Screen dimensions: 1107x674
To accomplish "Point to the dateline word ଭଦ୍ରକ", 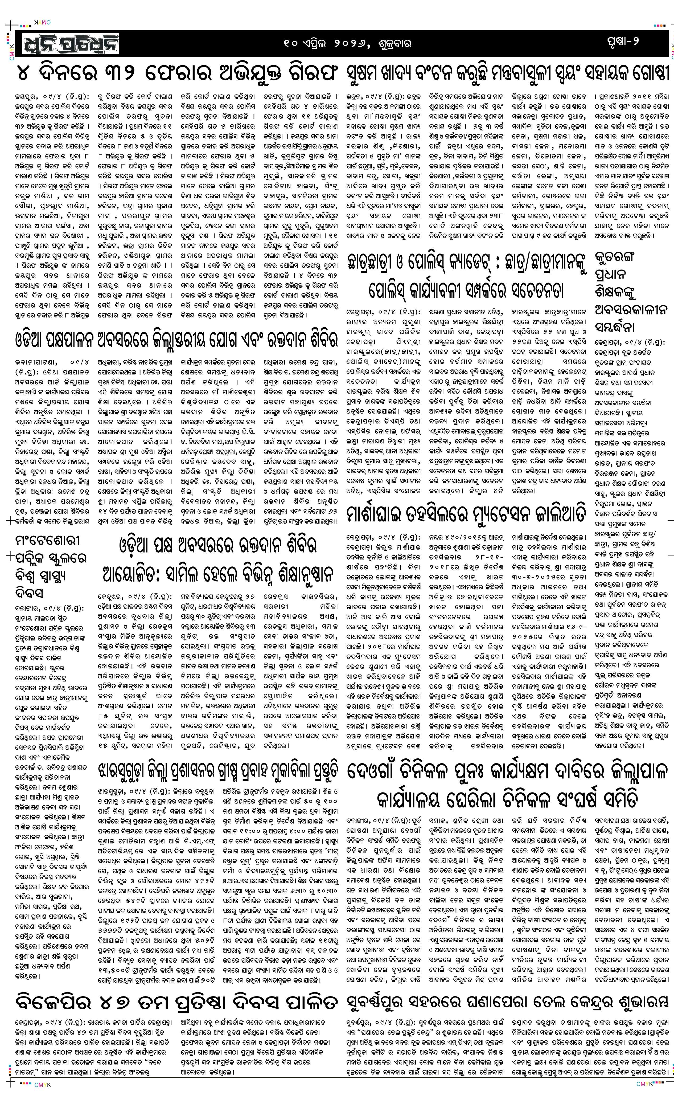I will [x=355, y=96].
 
